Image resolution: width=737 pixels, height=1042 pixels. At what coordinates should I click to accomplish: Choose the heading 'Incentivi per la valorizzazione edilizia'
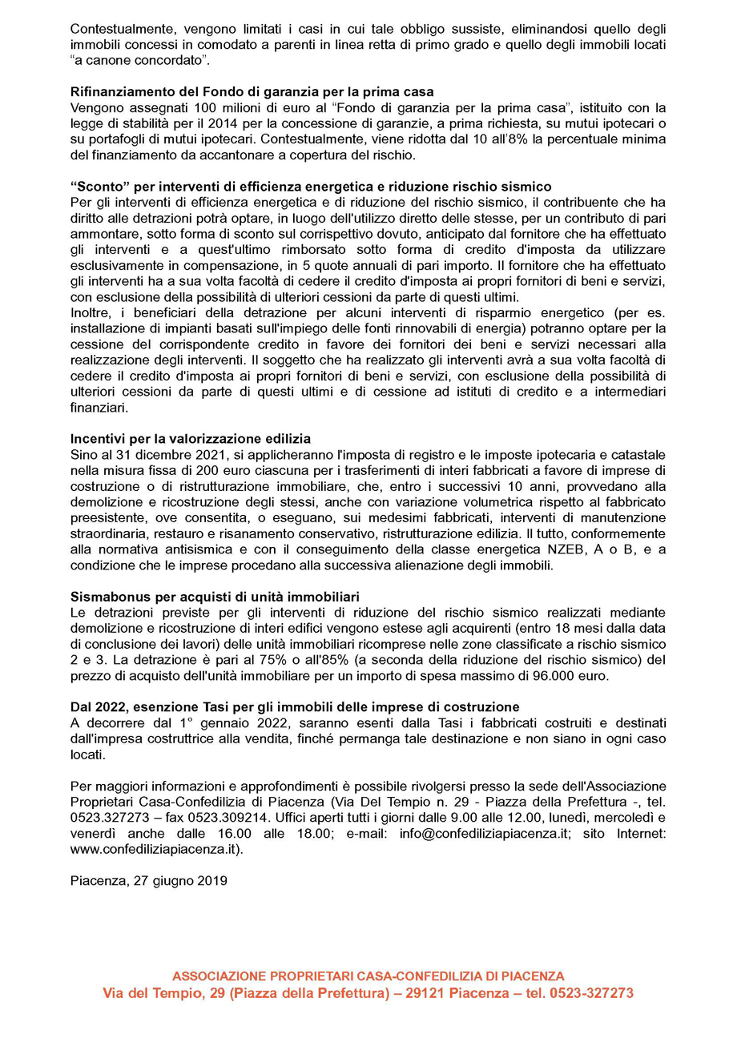click(x=190, y=439)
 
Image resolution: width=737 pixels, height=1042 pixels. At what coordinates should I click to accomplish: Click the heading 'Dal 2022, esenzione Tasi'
click(x=295, y=706)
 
